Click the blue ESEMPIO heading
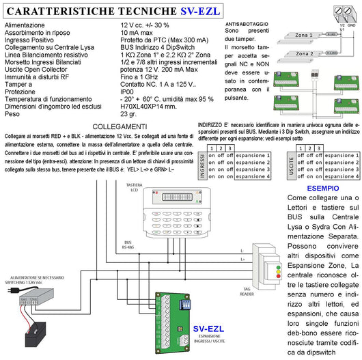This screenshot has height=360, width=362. coord(322,187)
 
